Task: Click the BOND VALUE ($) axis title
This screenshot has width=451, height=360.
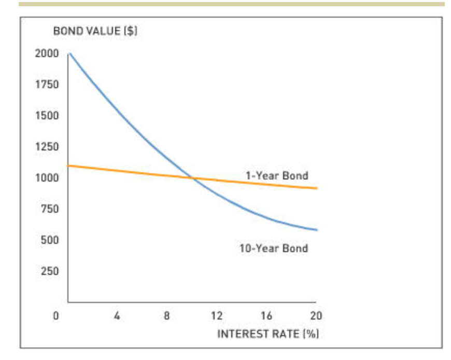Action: pos(95,31)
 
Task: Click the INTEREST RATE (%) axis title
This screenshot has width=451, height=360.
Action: pos(267,333)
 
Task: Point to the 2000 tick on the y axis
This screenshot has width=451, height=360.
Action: pos(47,53)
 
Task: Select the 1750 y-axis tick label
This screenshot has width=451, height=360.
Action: pos(47,85)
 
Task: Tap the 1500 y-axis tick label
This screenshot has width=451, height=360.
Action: pos(47,116)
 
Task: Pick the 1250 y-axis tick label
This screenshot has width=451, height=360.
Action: pos(47,147)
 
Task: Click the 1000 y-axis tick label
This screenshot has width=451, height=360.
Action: pos(47,178)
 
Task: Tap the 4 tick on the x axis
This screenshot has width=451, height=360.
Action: pos(117,315)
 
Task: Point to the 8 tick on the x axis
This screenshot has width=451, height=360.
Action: pos(167,315)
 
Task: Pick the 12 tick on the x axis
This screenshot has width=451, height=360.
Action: pos(217,315)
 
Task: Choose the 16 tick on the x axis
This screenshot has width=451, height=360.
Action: pos(266,315)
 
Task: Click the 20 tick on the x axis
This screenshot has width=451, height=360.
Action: pos(316,315)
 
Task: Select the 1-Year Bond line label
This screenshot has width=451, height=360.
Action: pos(277,175)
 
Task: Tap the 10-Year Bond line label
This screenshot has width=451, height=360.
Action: pos(273,248)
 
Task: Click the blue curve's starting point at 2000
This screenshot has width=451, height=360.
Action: pos(69,53)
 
